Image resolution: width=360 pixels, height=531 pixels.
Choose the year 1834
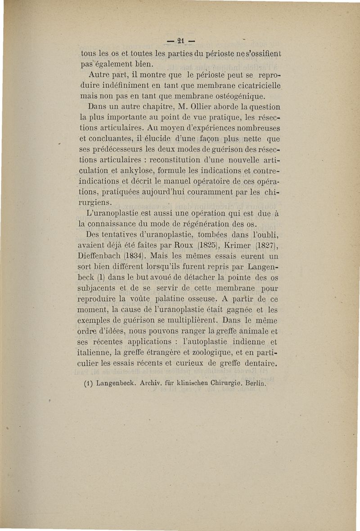[x=134, y=256]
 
